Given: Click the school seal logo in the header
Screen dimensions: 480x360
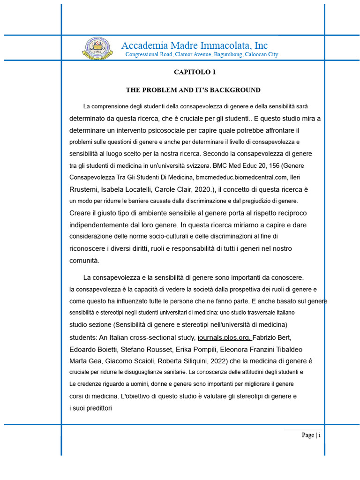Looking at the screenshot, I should [97, 48].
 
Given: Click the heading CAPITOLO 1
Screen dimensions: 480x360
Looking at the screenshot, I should [195, 72].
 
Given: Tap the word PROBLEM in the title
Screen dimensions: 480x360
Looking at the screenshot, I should [164, 90].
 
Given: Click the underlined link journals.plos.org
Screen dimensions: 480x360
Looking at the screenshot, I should [225, 337].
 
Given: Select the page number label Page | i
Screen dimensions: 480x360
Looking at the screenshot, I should [311, 435].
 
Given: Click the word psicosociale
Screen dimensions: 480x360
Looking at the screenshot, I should [174, 130].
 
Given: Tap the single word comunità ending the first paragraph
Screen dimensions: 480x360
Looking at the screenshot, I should [84, 261].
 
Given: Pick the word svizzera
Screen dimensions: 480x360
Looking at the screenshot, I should [197, 165].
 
